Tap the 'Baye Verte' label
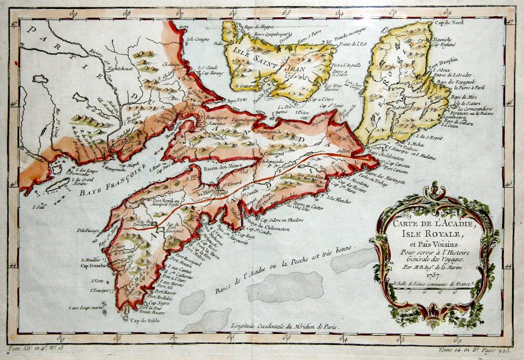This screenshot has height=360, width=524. coord(235,100)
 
